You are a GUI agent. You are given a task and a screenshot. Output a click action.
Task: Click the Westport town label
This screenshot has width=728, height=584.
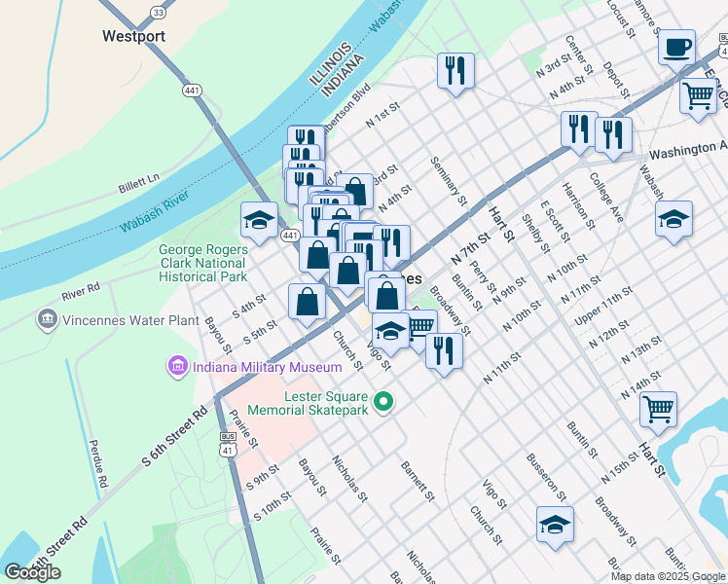click(133, 36)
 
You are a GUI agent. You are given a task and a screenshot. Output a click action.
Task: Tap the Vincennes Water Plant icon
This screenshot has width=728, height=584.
click(46, 318)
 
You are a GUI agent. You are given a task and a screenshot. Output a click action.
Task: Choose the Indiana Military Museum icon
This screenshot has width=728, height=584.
click(177, 367)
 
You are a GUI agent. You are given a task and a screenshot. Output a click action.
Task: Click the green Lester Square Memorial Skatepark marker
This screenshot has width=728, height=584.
click(384, 401)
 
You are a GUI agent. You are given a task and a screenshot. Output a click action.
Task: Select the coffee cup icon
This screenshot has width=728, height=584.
click(676, 46)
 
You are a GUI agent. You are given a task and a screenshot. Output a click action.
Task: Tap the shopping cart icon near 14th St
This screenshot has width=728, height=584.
click(659, 409)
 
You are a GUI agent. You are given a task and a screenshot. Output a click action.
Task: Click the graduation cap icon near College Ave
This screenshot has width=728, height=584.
click(673, 218)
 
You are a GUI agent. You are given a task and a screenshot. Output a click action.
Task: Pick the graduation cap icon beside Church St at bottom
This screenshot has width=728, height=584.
click(555, 525)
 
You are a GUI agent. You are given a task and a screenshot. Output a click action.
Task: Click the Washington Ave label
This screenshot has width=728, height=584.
click(687, 151)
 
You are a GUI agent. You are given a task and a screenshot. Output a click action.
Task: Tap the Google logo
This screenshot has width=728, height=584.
click(32, 572)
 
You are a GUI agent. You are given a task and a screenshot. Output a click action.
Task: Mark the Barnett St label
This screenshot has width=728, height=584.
click(417, 481)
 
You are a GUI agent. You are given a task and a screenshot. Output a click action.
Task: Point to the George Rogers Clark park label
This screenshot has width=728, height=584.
click(202, 263)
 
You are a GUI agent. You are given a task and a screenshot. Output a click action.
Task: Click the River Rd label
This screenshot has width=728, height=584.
click(80, 289)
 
